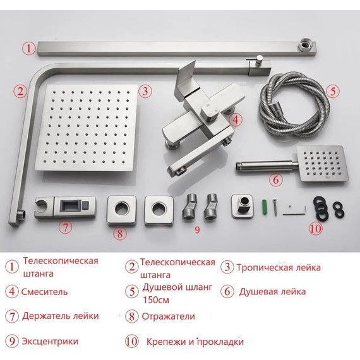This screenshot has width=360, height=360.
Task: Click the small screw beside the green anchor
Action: point(275,208)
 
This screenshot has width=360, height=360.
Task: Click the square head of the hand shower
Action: point(322,164)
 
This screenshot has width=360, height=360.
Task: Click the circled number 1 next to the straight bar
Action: point(28,49)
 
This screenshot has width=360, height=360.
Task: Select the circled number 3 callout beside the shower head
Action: point(145,91)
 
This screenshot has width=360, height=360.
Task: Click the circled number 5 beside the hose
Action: point(333,91)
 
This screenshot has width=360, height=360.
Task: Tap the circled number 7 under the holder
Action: point(66,227)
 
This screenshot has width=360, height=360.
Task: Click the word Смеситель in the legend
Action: point(45,292)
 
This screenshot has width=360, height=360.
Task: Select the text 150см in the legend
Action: point(156,300)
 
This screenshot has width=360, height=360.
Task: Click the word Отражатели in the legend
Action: point(168,316)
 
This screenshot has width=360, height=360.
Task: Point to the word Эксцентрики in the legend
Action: point(50,342)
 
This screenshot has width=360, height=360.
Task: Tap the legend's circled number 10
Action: point(132,342)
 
